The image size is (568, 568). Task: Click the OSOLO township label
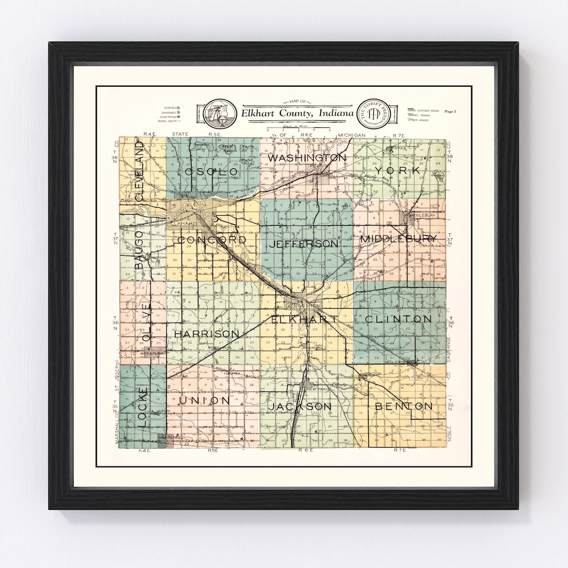[x=208, y=172]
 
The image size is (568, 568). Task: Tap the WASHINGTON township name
[x=307, y=158]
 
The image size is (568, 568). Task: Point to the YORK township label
[x=402, y=171]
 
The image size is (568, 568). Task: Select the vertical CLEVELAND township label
[x=139, y=170]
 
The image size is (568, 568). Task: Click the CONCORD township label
[x=212, y=240]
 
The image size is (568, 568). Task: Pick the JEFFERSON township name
[x=303, y=244]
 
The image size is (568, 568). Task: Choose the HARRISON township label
[x=207, y=334]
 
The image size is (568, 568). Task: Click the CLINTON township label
[x=398, y=319]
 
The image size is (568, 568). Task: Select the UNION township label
[x=205, y=401]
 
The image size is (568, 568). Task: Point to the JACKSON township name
[x=300, y=407]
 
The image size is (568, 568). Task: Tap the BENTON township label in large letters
[x=404, y=406]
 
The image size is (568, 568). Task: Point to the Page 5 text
[x=450, y=111]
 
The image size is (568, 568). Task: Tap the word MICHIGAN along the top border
[x=351, y=136]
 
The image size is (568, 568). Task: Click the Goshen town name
[x=306, y=305]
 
